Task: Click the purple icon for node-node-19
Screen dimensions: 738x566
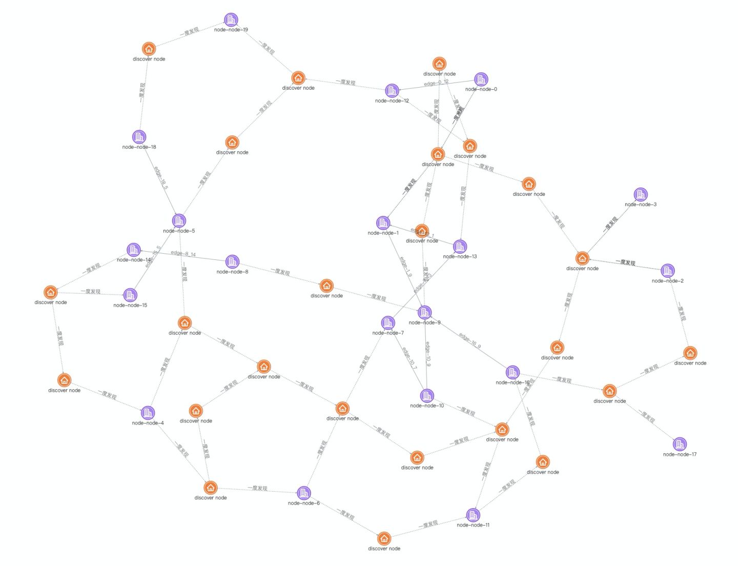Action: (231, 20)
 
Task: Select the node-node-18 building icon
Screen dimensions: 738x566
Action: (139, 137)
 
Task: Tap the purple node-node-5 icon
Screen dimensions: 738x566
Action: (179, 221)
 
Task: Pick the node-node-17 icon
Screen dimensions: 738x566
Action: (680, 444)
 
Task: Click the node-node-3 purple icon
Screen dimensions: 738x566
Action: (641, 194)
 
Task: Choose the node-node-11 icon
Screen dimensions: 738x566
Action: (473, 515)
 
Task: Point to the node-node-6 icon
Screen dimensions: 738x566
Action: (304, 493)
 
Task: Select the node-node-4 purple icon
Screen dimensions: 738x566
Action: (148, 413)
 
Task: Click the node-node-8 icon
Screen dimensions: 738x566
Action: (232, 261)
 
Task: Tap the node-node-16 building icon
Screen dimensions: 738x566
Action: (512, 372)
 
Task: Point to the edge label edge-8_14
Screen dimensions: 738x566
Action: (183, 254)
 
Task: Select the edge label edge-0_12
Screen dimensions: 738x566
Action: (436, 83)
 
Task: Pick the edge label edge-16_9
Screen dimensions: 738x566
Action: (470, 341)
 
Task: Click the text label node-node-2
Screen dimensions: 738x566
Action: (667, 281)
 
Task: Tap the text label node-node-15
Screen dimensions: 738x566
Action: (130, 306)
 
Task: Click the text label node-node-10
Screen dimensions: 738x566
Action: (427, 406)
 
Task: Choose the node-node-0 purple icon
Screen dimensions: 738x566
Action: (481, 79)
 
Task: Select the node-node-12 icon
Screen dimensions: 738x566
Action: (392, 91)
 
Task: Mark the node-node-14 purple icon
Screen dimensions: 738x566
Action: (134, 250)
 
